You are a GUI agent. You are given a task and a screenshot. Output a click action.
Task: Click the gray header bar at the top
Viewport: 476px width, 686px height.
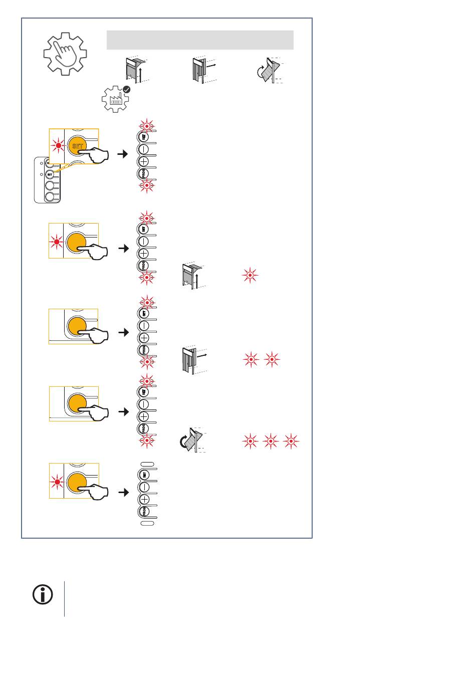pyautogui.click(x=200, y=40)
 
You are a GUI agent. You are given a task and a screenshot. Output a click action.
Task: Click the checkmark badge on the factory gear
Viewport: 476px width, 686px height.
pyautogui.click(x=127, y=89)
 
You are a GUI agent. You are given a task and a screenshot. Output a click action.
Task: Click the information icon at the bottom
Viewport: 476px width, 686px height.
pyautogui.click(x=43, y=595)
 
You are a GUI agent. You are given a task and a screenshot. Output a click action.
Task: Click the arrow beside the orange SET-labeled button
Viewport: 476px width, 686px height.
pyautogui.click(x=122, y=154)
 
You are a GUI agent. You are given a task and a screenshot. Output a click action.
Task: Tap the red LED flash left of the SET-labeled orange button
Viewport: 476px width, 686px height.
pyautogui.click(x=59, y=146)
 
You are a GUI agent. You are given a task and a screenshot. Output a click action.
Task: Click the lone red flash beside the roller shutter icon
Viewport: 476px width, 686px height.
pyautogui.click(x=250, y=276)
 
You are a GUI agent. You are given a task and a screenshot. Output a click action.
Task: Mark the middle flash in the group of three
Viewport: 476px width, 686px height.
pyautogui.click(x=271, y=441)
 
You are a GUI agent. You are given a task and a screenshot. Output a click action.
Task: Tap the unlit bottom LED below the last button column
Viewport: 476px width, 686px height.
pyautogui.click(x=147, y=523)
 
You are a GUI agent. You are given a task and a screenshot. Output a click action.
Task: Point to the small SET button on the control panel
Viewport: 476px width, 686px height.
pyautogui.click(x=50, y=174)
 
